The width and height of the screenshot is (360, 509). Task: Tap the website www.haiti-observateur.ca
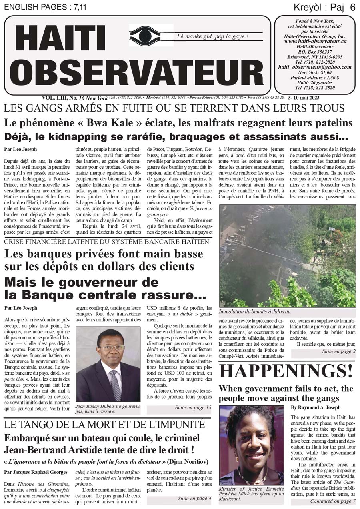(315, 41)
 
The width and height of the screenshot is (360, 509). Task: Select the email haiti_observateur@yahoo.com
(315, 67)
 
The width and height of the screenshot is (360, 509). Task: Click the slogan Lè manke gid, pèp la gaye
(212, 36)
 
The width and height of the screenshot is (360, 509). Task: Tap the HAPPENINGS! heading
(286, 371)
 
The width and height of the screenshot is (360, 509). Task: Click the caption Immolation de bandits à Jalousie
(255, 312)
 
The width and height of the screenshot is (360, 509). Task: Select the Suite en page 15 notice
(193, 408)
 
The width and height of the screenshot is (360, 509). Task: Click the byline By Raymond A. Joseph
(316, 407)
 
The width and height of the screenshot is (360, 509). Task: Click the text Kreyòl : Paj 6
(324, 7)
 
